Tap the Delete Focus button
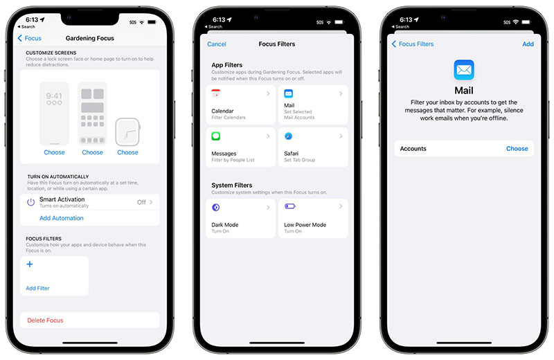45,320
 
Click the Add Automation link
62,218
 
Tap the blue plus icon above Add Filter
30,264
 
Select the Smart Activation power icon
31,202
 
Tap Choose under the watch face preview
127,152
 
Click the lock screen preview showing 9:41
54,114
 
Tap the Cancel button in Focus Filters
217,44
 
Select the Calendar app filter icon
215,93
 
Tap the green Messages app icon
216,136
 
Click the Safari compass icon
289,136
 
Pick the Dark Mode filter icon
215,208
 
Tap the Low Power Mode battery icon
290,206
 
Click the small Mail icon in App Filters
289,93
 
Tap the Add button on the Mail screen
528,44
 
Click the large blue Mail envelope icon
464,70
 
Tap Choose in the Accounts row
517,149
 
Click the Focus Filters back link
413,44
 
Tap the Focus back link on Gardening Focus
30,38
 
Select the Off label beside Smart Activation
141,202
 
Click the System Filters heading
232,185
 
